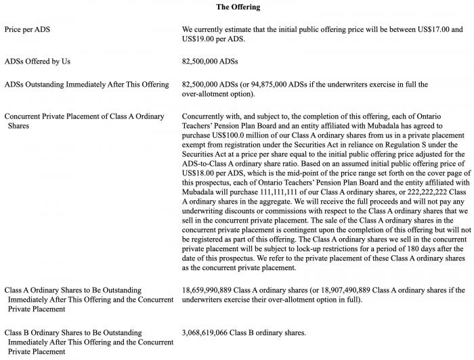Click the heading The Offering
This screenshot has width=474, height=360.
coord(238,7)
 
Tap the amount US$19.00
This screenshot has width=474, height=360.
coord(200,39)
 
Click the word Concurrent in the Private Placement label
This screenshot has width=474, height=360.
coord(25,116)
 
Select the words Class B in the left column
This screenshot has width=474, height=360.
coord(20,332)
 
